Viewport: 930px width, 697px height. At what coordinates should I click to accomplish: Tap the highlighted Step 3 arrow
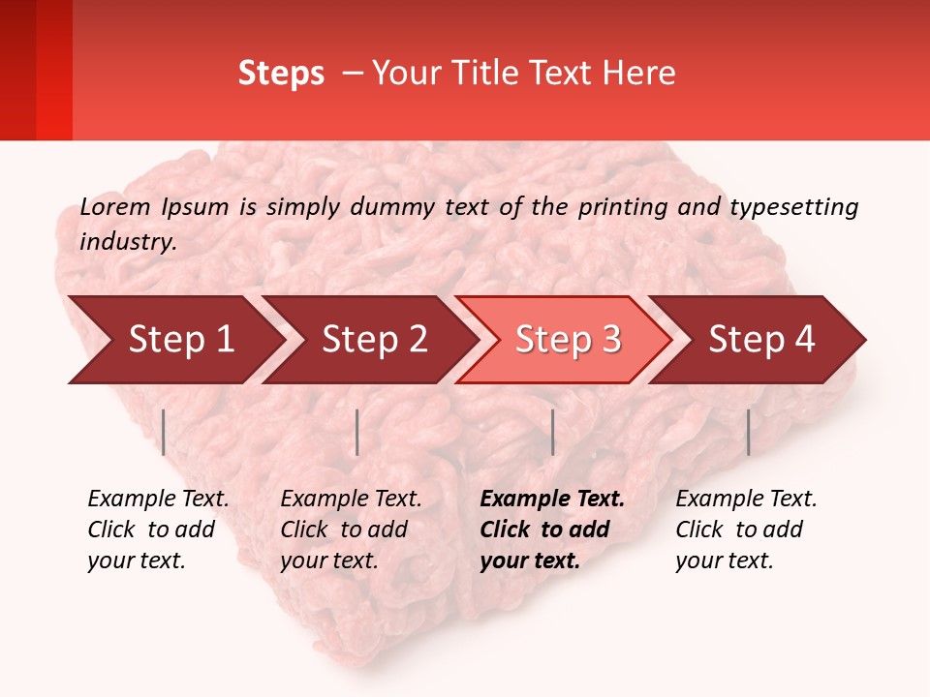pyautogui.click(x=568, y=340)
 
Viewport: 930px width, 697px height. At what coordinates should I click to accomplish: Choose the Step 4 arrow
pyautogui.click(x=761, y=340)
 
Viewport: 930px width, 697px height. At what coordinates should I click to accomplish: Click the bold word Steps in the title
pyautogui.click(x=281, y=73)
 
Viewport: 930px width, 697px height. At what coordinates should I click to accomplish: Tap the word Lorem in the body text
pyautogui.click(x=114, y=206)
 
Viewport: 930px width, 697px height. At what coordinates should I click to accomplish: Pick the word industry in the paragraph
pyautogui.click(x=128, y=241)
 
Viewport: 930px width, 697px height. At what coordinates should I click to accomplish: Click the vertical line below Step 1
pyautogui.click(x=164, y=432)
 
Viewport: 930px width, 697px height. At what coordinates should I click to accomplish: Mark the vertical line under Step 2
pyautogui.click(x=357, y=432)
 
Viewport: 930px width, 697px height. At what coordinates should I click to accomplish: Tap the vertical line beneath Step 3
pyautogui.click(x=552, y=432)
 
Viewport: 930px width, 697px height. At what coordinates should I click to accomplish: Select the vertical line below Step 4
pyautogui.click(x=748, y=432)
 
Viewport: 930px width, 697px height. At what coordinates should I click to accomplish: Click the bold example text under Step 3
pyautogui.click(x=552, y=530)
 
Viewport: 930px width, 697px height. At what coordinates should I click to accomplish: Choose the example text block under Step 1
pyautogui.click(x=158, y=530)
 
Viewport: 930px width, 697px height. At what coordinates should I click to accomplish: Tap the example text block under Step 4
pyautogui.click(x=746, y=530)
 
